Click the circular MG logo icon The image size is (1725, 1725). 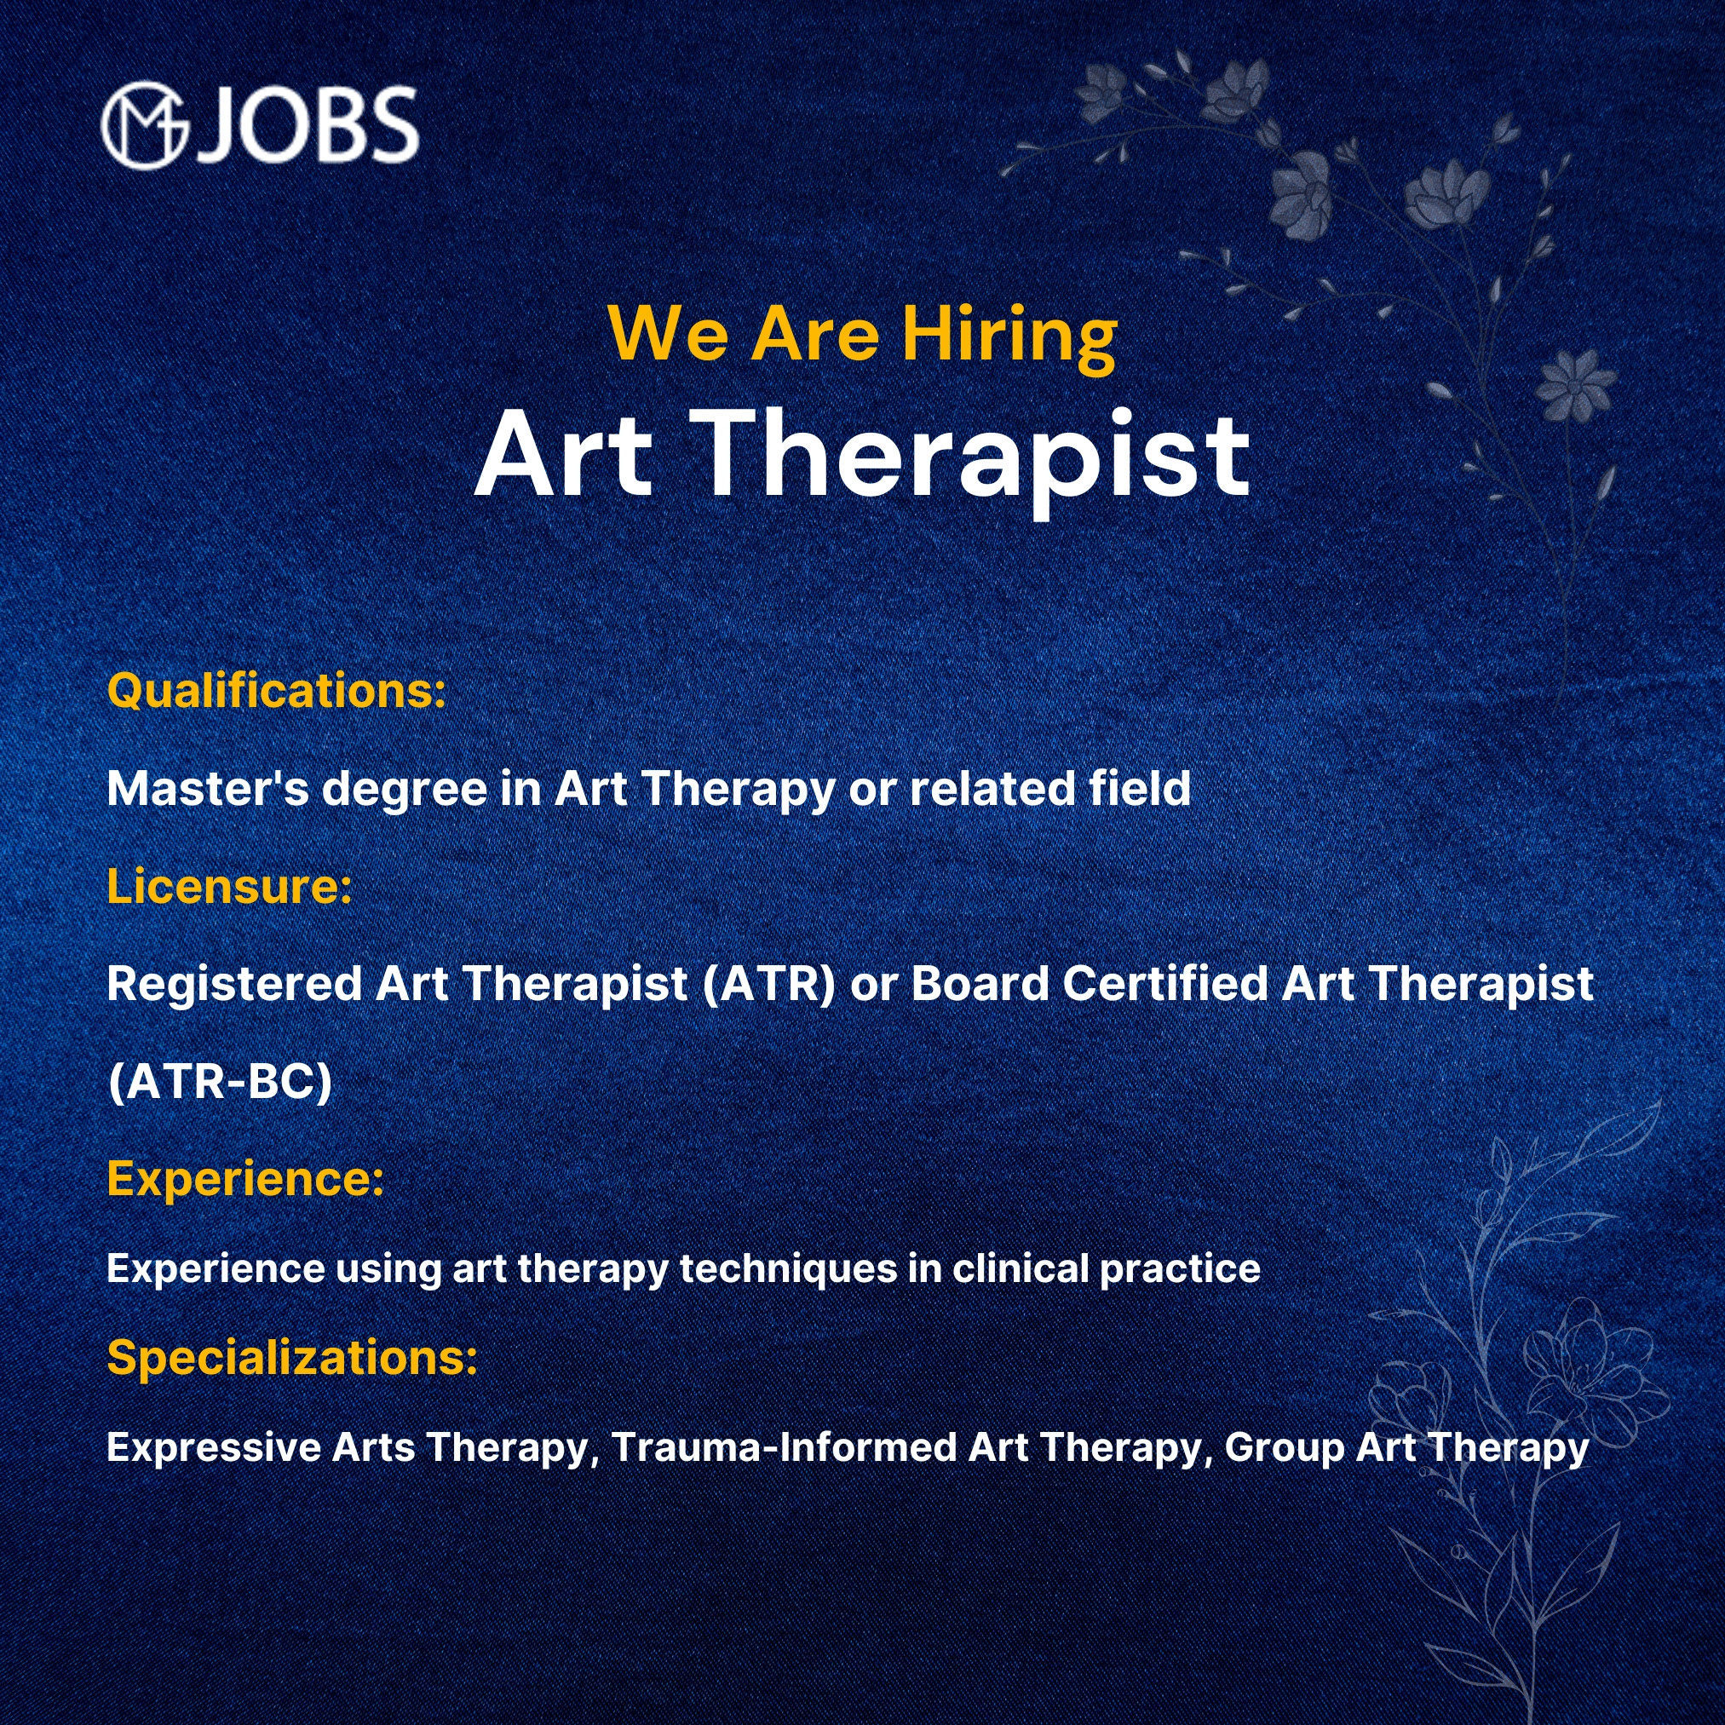pyautogui.click(x=146, y=125)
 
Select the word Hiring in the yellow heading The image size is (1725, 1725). pyautogui.click(x=1009, y=336)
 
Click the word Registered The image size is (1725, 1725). pyautogui.click(x=234, y=985)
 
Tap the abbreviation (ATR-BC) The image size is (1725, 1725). pyautogui.click(x=219, y=1081)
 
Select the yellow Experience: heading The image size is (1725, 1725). pyautogui.click(x=244, y=1180)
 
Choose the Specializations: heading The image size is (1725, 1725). pyautogui.click(x=292, y=1358)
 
